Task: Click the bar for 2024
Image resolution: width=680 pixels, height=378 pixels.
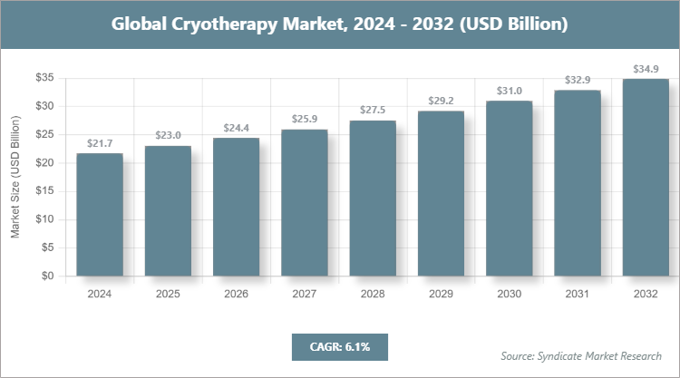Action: click(100, 215)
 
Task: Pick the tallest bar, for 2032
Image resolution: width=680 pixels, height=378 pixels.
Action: click(646, 178)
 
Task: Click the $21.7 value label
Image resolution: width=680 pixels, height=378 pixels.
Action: click(100, 143)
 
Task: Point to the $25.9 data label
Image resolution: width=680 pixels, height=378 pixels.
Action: click(304, 119)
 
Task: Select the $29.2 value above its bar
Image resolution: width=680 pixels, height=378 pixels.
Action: click(441, 101)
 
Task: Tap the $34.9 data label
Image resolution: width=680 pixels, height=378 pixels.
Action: click(646, 69)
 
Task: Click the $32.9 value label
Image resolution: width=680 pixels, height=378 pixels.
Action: click(578, 80)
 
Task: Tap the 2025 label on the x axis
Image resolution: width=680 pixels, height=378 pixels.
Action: click(168, 294)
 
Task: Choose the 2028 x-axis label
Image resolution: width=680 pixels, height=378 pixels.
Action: click(373, 294)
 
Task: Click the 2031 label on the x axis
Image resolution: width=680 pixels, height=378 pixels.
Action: click(578, 294)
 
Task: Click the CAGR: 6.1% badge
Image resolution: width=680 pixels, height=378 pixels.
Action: click(339, 346)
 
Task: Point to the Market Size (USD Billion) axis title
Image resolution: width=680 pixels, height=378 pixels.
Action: click(15, 178)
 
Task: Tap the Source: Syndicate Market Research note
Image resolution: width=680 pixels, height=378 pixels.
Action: click(581, 355)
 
